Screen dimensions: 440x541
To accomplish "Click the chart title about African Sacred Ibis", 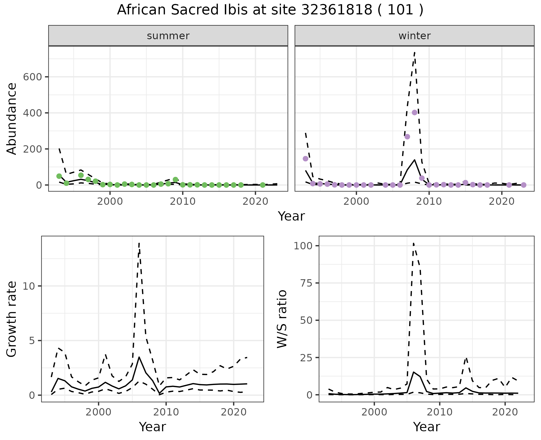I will tap(270, 10).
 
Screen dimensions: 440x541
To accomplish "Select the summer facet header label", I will tap(168, 36).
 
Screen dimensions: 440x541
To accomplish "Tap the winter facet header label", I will tap(414, 36).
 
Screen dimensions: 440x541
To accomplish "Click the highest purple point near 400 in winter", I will tap(414, 113).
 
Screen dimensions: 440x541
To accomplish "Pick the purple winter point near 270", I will tap(407, 137).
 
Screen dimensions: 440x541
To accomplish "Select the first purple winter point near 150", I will tap(305, 159).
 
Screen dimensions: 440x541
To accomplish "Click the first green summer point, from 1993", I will tap(59, 176).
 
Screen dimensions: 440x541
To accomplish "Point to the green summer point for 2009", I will tap(176, 179).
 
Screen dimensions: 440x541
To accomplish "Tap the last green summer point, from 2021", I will tap(263, 185).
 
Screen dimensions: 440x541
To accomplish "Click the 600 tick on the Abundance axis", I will tap(32, 77).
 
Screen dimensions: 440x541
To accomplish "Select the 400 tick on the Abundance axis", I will tap(32, 113).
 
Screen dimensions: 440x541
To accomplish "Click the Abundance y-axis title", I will tap(12, 118).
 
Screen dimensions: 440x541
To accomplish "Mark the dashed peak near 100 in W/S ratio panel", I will tap(413, 243).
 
